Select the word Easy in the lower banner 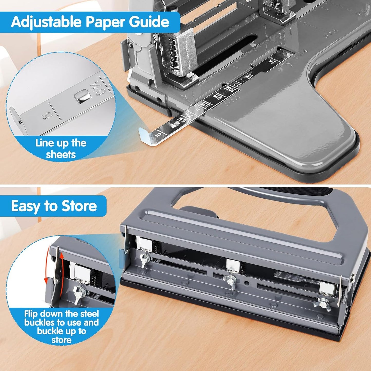pyautogui.click(x=25, y=206)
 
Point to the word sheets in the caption pyautogui.click(x=61, y=155)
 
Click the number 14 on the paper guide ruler pyautogui.click(x=270, y=61)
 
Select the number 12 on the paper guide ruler pyautogui.click(x=248, y=77)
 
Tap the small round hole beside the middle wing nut pyautogui.click(x=247, y=283)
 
